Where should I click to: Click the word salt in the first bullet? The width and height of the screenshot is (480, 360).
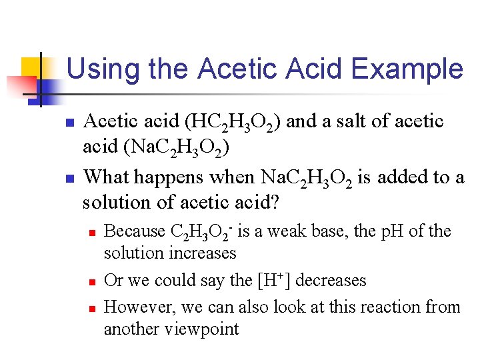click(x=344, y=121)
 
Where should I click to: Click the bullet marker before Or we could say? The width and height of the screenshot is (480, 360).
click(x=93, y=281)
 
